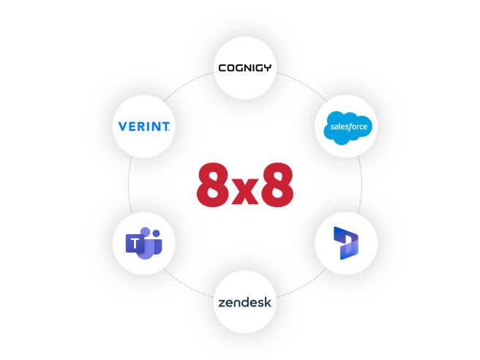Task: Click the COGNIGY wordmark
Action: [x=245, y=68]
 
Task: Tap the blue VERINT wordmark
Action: [x=144, y=127]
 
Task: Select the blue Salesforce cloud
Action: [x=348, y=128]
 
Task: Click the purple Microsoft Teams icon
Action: [x=144, y=243]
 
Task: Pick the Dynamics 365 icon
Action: [x=345, y=242]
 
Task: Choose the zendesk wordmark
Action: [x=245, y=301]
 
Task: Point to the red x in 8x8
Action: [x=246, y=190]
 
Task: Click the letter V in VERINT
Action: [x=123, y=127]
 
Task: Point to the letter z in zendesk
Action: [x=221, y=302]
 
